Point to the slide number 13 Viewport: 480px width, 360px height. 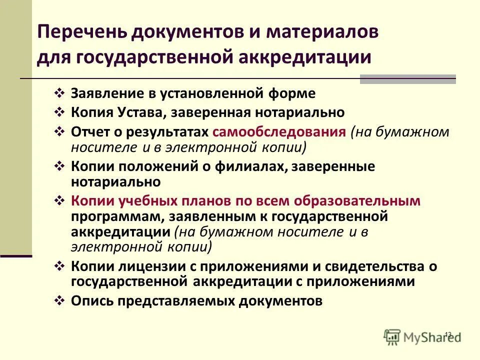pos(447,333)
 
